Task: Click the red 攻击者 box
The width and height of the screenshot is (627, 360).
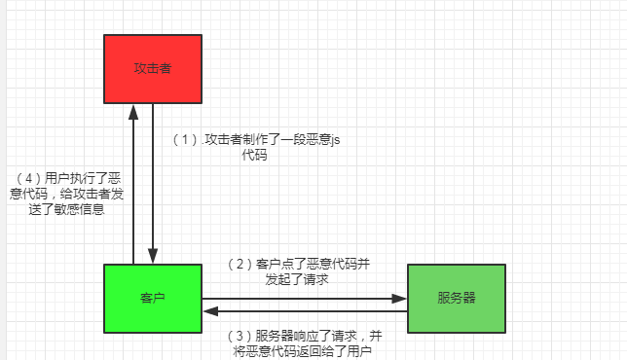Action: coord(153,68)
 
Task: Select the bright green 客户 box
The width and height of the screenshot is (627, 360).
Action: coord(153,298)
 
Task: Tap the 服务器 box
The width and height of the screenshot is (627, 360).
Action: coord(457,298)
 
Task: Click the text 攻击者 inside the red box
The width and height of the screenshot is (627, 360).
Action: coord(153,68)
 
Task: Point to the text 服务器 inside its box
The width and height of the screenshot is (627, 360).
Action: coord(457,298)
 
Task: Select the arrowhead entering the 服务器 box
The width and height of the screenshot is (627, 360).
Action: coord(401,298)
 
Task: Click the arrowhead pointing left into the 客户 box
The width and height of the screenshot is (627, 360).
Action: coord(208,311)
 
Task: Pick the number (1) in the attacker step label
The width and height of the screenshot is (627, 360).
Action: coord(184,140)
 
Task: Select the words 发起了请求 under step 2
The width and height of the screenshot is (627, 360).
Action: coord(296,279)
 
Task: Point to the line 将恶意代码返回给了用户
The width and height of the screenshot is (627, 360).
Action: coord(301,351)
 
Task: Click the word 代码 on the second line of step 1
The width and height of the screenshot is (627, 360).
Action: coord(255,155)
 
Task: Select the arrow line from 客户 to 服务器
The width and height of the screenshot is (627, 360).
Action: coord(302,298)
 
